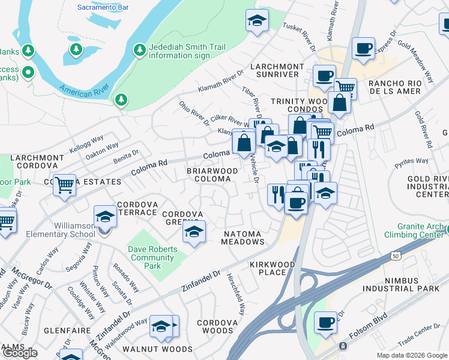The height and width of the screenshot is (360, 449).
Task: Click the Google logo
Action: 20,353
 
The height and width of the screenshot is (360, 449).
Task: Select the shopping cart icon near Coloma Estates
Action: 64,185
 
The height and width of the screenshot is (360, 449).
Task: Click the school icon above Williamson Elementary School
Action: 105,216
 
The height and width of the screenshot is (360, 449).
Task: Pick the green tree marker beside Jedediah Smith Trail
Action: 139,48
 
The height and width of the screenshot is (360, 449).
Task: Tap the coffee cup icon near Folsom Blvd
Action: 326,322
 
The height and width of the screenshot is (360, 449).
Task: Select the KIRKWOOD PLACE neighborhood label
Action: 273,268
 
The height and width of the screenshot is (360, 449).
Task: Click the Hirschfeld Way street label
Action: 236,294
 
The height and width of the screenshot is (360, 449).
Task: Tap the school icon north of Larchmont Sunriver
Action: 256,21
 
